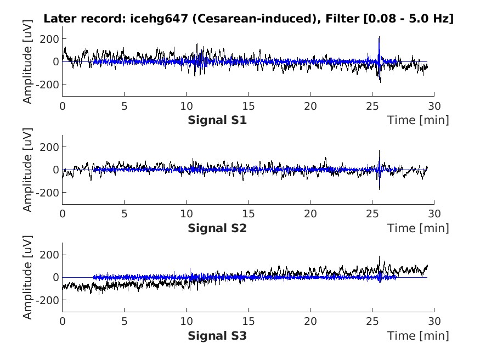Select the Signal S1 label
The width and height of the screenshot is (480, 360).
tap(217, 120)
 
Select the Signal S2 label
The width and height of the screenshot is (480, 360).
tap(217, 228)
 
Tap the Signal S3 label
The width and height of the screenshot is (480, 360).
tap(217, 335)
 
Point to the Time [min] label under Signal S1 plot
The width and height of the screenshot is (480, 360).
tap(417, 120)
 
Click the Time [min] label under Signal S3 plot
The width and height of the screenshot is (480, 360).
tap(417, 335)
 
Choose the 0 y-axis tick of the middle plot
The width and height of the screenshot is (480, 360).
tap(56, 170)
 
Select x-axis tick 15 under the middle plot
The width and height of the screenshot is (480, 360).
tap(249, 214)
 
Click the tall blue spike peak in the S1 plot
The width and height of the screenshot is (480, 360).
tap(379, 38)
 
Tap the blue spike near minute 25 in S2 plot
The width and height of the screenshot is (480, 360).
tap(379, 152)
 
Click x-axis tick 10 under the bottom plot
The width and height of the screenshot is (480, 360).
tap(187, 322)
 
